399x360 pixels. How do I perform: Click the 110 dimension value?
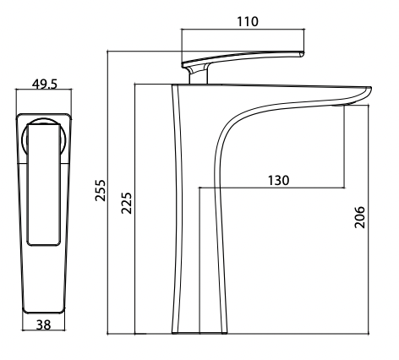click(x=246, y=20)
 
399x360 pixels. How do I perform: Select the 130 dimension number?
click(x=278, y=180)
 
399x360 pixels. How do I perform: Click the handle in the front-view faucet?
click(x=44, y=182)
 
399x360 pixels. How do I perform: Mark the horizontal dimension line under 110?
click(x=243, y=30)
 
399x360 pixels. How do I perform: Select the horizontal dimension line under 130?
click(x=271, y=188)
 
